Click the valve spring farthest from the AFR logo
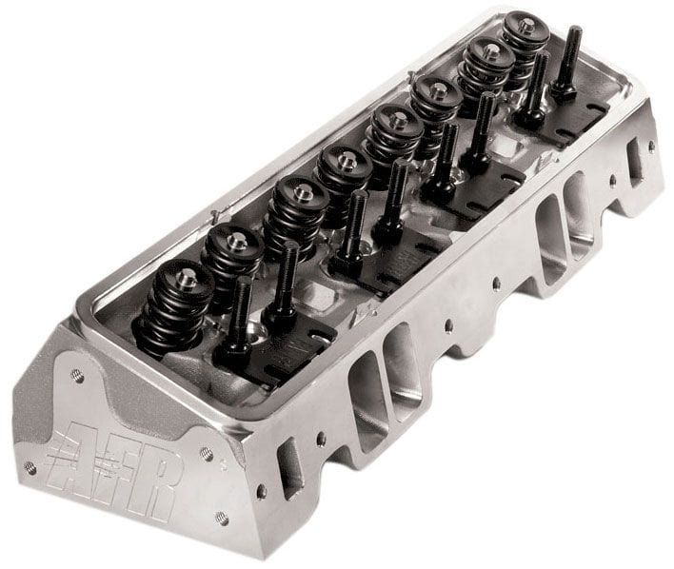click(521, 43)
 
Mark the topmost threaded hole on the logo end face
click(77, 377)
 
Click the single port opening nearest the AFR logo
click(289, 467)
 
